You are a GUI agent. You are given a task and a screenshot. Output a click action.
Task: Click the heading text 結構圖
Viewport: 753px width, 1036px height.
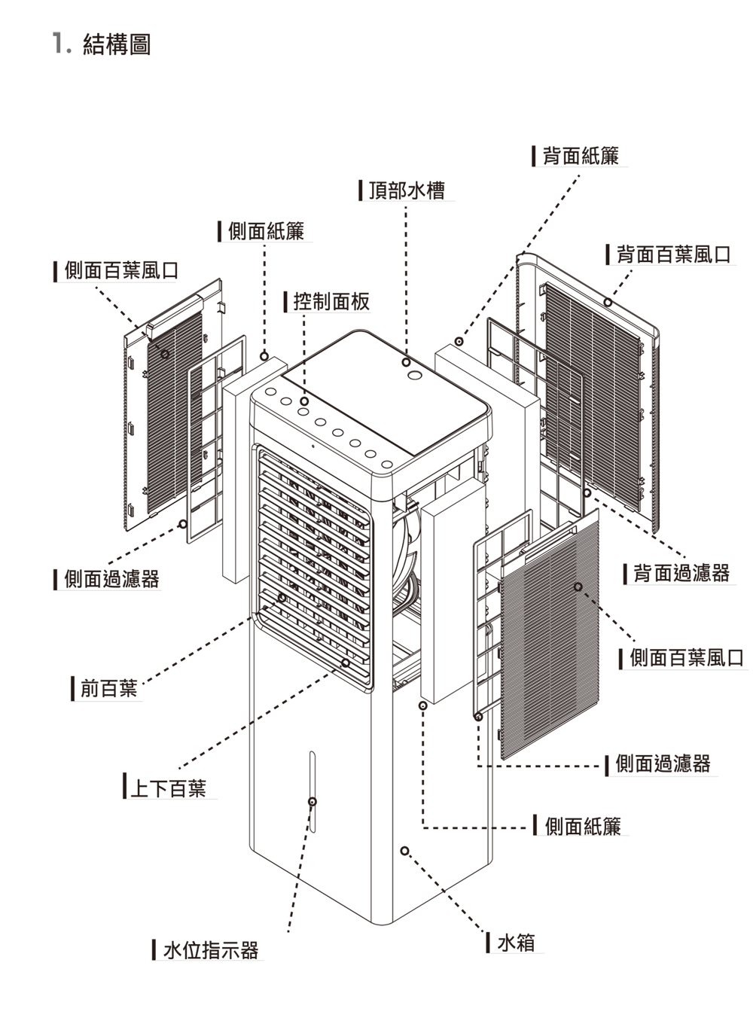pyautogui.click(x=117, y=44)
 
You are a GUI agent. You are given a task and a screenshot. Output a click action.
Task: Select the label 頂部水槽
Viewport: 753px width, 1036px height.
pyautogui.click(x=407, y=190)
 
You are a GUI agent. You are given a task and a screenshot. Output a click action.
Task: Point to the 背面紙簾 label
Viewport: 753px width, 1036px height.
pyautogui.click(x=581, y=156)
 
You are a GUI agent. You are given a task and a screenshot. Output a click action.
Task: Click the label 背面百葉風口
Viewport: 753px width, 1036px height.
pyautogui.click(x=673, y=254)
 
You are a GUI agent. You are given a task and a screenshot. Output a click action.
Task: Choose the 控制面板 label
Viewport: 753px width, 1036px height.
pyautogui.click(x=331, y=302)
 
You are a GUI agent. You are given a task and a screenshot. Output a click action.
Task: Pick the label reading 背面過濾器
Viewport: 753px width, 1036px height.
pyautogui.click(x=681, y=573)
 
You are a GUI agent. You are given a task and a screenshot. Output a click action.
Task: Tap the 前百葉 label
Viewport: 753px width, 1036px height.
pyautogui.click(x=109, y=688)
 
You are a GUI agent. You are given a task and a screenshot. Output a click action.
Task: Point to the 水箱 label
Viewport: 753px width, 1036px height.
pyautogui.click(x=517, y=942)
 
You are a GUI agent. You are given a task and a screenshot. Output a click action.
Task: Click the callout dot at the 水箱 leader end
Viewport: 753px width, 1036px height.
pyautogui.click(x=404, y=852)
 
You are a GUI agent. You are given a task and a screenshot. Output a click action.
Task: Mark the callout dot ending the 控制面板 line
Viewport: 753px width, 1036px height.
pyautogui.click(x=303, y=401)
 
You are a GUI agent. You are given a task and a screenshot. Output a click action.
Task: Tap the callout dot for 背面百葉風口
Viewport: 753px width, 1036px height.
pyautogui.click(x=608, y=302)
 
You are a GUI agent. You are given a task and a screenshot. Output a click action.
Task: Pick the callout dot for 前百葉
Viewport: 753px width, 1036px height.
pyautogui.click(x=282, y=598)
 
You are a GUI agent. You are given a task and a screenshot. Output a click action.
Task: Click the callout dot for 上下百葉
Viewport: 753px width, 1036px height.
pyautogui.click(x=346, y=663)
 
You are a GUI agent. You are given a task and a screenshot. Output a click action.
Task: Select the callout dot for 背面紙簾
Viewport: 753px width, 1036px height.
pyautogui.click(x=459, y=342)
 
